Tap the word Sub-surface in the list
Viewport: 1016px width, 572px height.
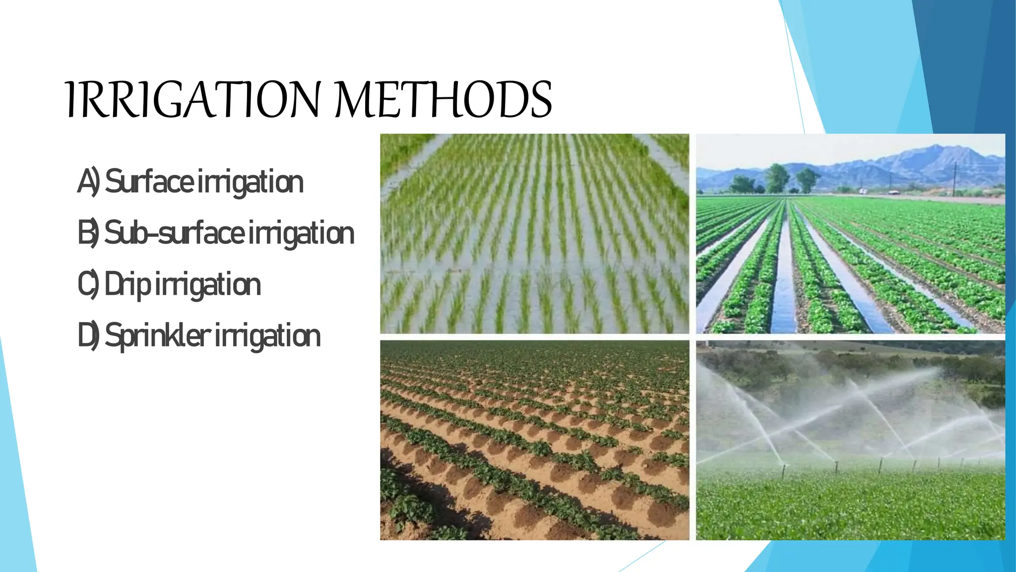click(174, 233)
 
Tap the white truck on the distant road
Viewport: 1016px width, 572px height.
click(864, 191)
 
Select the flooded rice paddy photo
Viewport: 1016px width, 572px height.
click(534, 233)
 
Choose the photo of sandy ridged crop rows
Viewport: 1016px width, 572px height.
click(534, 440)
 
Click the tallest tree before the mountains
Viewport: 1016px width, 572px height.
click(777, 177)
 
